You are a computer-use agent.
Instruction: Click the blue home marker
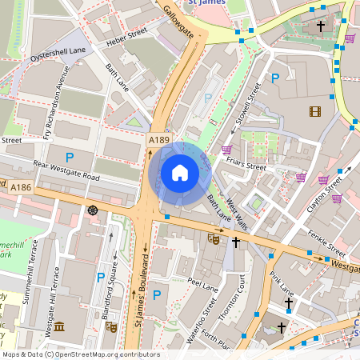click(180, 172)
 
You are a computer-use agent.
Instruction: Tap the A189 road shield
click(158, 140)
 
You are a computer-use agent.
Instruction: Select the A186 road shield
click(21, 187)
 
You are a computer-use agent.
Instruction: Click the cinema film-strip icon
click(315, 111)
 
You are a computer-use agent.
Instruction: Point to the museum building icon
click(59, 328)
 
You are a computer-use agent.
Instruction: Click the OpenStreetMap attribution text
click(80, 354)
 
